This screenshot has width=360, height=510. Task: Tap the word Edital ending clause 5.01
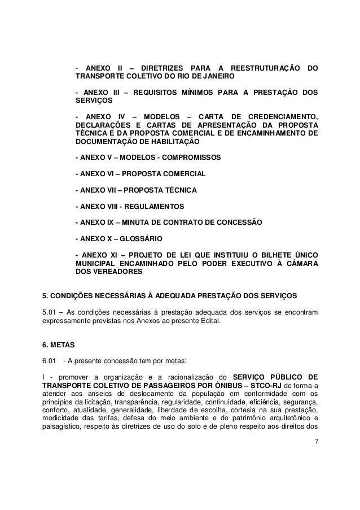click(x=212, y=321)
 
